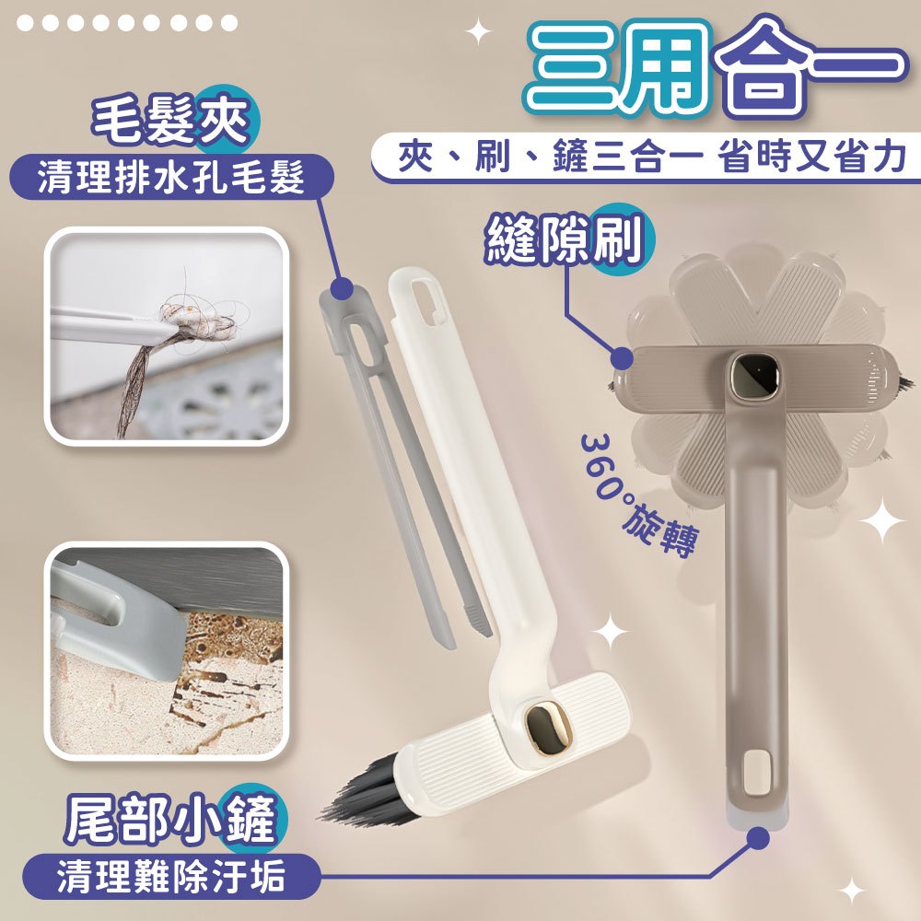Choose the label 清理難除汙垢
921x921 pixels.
171,876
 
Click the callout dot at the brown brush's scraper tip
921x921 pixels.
759,838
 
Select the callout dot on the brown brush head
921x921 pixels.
622,357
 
